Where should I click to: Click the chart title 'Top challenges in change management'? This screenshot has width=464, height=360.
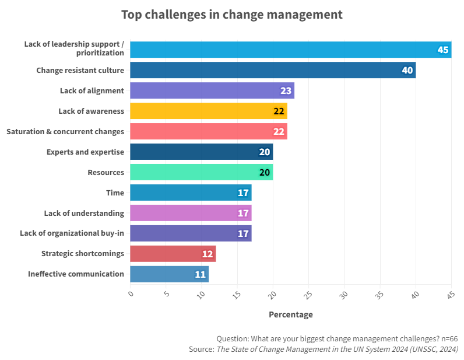(231, 15)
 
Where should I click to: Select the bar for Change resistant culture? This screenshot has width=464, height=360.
(272, 70)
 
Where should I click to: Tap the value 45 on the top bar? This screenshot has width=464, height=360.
(442, 50)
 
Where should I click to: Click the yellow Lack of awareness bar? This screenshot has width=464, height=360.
(208, 111)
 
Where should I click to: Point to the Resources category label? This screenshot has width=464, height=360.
(106, 172)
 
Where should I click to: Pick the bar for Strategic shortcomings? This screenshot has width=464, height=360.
(173, 254)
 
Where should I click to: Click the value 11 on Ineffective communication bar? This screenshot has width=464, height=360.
(200, 274)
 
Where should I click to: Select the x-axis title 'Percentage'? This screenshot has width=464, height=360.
(290, 314)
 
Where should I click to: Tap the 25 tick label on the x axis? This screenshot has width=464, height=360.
(308, 295)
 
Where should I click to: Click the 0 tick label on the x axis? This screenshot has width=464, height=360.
(131, 294)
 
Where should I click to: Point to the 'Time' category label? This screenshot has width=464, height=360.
(115, 193)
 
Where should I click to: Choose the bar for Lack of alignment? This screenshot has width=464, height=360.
(212, 90)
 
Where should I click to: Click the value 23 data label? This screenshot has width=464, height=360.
(286, 91)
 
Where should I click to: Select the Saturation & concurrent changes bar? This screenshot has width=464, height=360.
(208, 131)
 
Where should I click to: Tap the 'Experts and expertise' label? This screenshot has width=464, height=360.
(85, 152)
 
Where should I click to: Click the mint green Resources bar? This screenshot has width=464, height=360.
(201, 172)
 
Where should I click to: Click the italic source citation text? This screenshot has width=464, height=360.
(337, 349)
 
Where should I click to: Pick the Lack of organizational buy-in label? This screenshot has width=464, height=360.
(72, 233)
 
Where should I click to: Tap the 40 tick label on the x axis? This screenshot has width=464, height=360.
(415, 295)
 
